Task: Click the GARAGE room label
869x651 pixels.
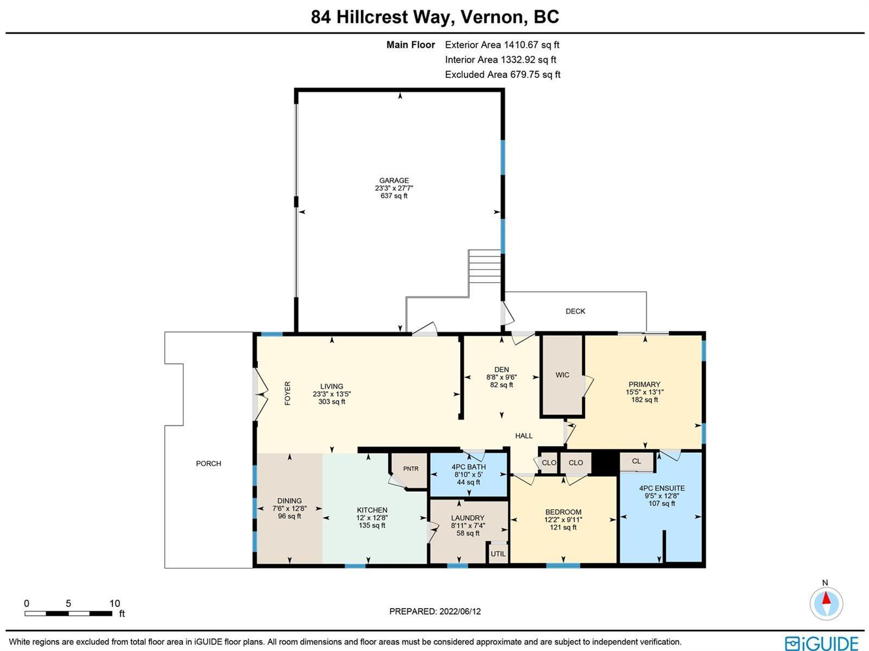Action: [394, 180]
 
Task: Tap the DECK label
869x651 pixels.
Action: [575, 311]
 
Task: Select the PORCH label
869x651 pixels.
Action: [209, 464]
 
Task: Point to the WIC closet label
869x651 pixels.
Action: [562, 374]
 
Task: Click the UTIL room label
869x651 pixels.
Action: [498, 554]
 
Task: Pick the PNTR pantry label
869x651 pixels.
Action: [411, 468]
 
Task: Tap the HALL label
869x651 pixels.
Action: [524, 436]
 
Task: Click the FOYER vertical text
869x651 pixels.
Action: [287, 393]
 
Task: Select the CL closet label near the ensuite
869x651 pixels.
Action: [636, 461]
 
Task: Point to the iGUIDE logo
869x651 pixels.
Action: [821, 643]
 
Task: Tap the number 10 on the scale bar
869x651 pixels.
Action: [115, 603]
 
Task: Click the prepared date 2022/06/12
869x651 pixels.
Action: [460, 611]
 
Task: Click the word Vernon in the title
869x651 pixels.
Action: [494, 17]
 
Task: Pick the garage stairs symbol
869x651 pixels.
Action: [484, 266]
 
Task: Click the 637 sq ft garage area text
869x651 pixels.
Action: [394, 196]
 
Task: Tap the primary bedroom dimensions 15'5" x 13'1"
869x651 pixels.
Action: [645, 392]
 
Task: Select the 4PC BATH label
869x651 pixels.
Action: [468, 467]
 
